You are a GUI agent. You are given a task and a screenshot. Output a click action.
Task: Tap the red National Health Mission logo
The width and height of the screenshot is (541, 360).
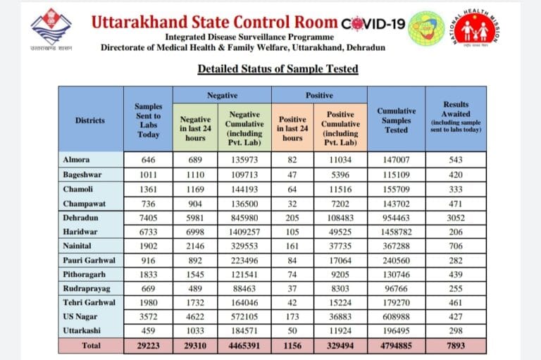point(475,28)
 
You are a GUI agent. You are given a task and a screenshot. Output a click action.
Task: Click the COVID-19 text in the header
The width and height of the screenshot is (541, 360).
point(373,23)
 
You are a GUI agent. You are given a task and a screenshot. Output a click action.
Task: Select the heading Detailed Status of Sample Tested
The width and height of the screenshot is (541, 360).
point(278,68)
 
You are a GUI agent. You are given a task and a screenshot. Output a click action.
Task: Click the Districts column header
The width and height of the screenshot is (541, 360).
point(89,120)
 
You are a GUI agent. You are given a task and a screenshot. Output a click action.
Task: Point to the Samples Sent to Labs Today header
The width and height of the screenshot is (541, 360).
point(149,120)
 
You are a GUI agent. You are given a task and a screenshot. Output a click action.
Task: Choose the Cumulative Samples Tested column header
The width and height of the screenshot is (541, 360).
point(396,120)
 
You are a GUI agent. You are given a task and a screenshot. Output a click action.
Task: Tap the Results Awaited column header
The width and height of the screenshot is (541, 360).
point(456,117)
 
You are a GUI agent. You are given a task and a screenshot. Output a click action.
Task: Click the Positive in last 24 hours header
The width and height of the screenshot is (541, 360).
point(292,128)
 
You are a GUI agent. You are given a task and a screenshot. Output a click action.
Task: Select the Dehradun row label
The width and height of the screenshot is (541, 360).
point(80,218)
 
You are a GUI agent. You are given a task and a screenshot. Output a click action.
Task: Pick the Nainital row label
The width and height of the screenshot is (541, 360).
point(77,246)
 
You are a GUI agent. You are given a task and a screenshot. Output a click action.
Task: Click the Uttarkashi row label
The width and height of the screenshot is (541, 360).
point(82,330)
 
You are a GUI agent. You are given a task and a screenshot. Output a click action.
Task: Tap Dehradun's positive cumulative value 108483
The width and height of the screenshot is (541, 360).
point(340,218)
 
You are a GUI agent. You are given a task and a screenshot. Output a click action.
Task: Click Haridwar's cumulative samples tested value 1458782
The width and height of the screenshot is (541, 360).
point(396,232)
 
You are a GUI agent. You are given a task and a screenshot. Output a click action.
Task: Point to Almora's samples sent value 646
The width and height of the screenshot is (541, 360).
point(149,160)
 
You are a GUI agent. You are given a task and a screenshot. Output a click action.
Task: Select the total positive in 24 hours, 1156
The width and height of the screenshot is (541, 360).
point(292,345)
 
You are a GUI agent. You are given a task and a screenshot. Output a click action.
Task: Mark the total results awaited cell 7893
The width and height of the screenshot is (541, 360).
point(456,345)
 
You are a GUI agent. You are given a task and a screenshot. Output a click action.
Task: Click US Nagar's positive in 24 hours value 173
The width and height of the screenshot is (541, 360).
point(292,316)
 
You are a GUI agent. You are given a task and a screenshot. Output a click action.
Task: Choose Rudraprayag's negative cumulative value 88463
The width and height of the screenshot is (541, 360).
point(244,289)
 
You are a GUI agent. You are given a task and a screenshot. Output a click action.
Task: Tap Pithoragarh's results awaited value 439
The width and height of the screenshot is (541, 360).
point(456,274)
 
